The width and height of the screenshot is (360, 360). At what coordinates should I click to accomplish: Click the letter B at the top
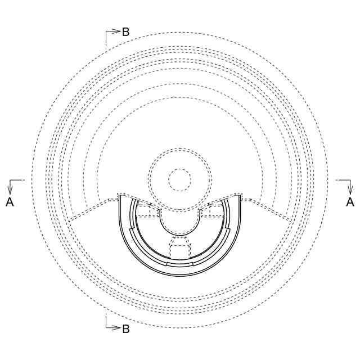[126, 31]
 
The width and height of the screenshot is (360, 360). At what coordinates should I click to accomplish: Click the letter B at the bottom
[126, 328]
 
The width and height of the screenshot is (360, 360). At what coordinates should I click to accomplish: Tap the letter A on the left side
[10, 202]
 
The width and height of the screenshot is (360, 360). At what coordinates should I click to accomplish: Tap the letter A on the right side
[350, 202]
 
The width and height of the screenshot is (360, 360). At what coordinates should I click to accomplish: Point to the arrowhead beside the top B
[117, 31]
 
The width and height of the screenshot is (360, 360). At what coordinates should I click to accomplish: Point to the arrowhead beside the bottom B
[117, 328]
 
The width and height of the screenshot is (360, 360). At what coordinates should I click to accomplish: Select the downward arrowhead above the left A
[10, 190]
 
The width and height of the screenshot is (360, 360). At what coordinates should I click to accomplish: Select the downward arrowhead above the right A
[350, 190]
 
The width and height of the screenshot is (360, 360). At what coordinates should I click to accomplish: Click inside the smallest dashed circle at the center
[180, 180]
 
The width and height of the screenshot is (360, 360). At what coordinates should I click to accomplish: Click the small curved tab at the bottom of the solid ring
[180, 264]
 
